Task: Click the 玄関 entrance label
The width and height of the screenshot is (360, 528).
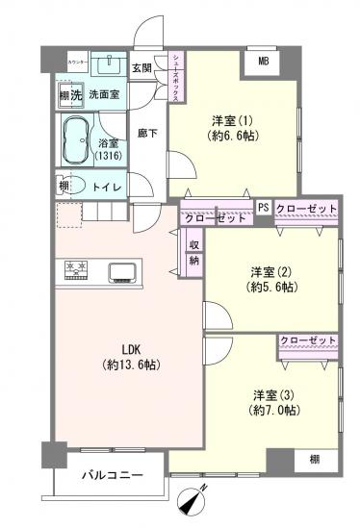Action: [x=141, y=67]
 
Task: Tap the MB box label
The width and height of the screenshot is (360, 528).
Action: [x=262, y=63]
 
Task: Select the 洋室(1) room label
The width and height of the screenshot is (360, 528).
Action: [x=231, y=121]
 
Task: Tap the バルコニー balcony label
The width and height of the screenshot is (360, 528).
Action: [x=112, y=476]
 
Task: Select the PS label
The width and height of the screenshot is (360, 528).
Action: [x=263, y=207]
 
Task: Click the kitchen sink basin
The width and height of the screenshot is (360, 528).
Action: [x=122, y=269]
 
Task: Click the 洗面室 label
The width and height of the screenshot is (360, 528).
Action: [x=104, y=96]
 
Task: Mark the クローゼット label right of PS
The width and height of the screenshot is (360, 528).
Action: [x=306, y=208]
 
